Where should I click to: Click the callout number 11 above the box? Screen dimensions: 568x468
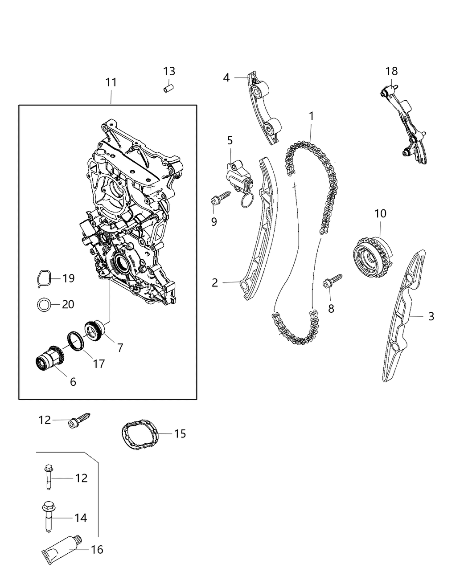coord(111,82)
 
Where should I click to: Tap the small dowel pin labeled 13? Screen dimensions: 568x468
coord(168,87)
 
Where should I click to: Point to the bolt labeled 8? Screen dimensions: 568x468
coord(332,282)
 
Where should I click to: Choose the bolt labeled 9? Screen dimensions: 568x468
coord(220,198)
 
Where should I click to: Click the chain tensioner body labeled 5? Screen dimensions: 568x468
coord(239,176)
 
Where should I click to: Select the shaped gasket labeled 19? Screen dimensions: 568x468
coord(44,279)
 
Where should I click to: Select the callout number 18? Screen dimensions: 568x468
coord(392,71)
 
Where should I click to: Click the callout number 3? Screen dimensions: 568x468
coord(431,316)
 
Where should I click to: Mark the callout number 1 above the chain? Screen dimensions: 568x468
coord(312,116)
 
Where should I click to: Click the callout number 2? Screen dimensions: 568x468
coord(215,282)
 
